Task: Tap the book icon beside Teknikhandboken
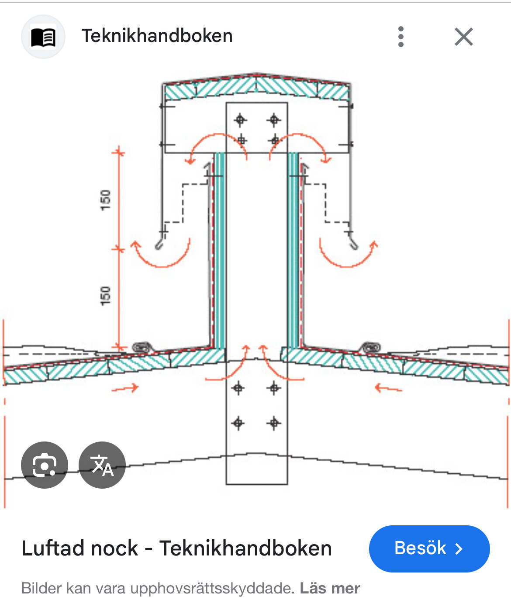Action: (43, 37)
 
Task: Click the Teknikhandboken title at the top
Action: (157, 36)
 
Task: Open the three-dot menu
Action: (401, 37)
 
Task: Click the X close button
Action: (463, 37)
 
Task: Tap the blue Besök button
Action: (429, 548)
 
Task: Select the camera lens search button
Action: (45, 465)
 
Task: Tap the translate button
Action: (102, 465)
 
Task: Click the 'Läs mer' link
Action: (330, 588)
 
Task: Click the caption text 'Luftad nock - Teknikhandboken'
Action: (176, 548)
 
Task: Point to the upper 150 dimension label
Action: (105, 200)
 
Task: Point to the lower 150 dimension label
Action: (105, 296)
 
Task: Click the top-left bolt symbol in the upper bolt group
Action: (240, 120)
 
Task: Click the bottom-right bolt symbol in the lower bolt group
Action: (274, 423)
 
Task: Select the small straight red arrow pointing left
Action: (388, 388)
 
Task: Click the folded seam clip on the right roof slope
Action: (370, 347)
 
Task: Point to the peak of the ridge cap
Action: (256, 75)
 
